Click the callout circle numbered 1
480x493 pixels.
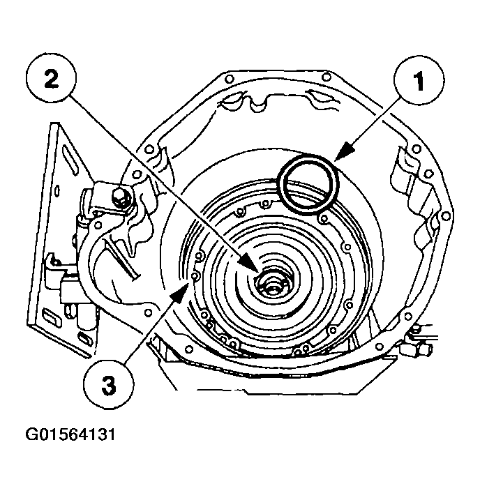tap(419, 80)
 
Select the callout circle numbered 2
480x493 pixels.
tap(51, 77)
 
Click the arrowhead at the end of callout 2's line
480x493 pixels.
tap(249, 263)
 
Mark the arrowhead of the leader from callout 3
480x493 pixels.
tap(179, 293)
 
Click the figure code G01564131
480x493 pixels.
tap(70, 434)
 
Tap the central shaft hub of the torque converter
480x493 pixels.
tap(272, 285)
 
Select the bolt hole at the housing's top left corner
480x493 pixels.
tap(230, 79)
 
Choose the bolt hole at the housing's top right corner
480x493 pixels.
tap(327, 77)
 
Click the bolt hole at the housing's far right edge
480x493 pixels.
tap(446, 216)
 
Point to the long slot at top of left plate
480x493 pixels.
tap(69, 160)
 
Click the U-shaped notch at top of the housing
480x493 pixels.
tap(258, 104)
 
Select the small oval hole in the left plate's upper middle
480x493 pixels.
tap(57, 191)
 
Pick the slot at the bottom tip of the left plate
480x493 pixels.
tap(86, 340)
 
